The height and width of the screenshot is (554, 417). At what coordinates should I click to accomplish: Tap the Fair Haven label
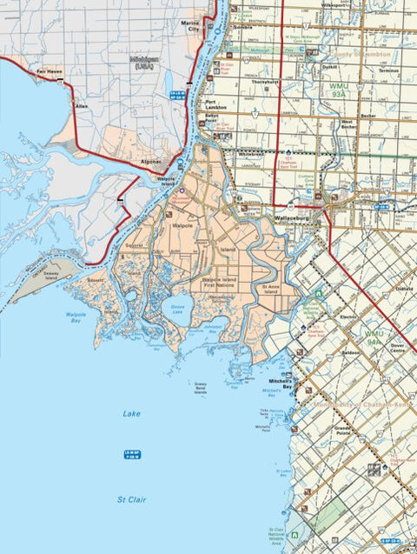pyautogui.click(x=47, y=71)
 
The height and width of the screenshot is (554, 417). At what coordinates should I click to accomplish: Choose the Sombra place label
pyautogui.click(x=244, y=28)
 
